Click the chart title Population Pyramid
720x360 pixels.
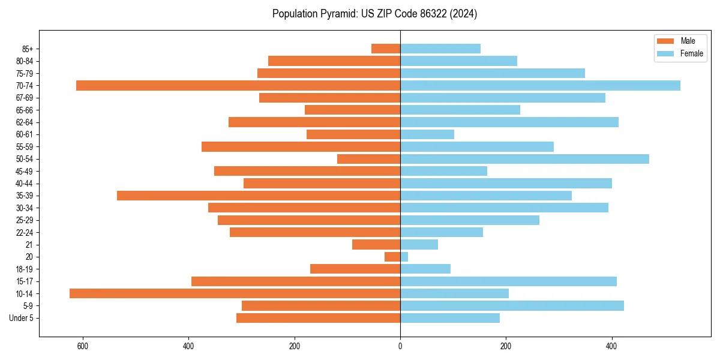(374, 14)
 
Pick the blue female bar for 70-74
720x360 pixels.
(540, 85)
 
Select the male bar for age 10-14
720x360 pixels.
(235, 293)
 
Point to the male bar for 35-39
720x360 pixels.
(259, 196)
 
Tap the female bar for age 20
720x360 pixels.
(404, 257)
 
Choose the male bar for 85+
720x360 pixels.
(386, 49)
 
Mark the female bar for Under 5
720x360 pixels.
(450, 318)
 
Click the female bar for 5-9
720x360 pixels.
(512, 305)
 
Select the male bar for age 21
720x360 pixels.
(376, 244)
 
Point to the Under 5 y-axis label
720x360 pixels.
(21, 318)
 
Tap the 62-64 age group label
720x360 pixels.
(25, 122)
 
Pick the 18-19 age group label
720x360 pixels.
(25, 269)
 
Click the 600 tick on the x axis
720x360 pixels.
(83, 346)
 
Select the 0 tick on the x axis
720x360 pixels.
(400, 346)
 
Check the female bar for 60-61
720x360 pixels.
(427, 134)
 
